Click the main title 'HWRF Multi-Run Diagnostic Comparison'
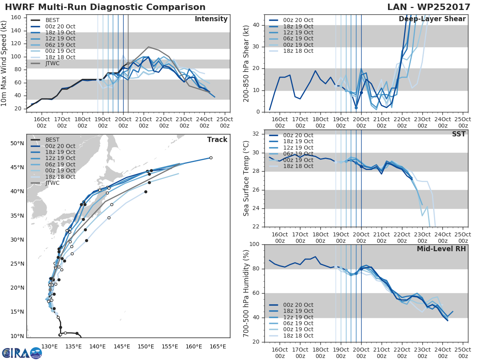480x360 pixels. pyautogui.click(x=105, y=7)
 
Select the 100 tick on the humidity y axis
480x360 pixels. pyautogui.click(x=253, y=244)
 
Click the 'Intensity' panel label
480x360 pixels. pyautogui.click(x=211, y=19)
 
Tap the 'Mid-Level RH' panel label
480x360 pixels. pyautogui.click(x=441, y=249)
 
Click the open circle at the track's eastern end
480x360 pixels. pyautogui.click(x=211, y=158)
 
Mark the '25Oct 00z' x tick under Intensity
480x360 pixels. pyautogui.click(x=225, y=122)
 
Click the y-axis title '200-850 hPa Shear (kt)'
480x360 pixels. pyautogui.click(x=246, y=63)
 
